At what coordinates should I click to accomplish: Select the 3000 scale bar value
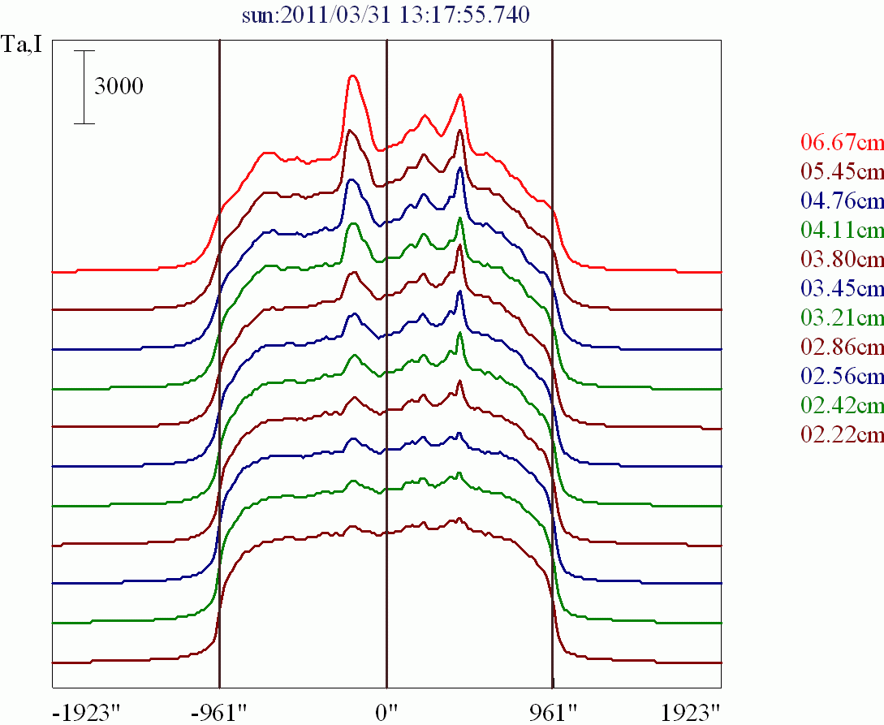coord(119,86)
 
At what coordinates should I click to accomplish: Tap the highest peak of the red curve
coord(352,76)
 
